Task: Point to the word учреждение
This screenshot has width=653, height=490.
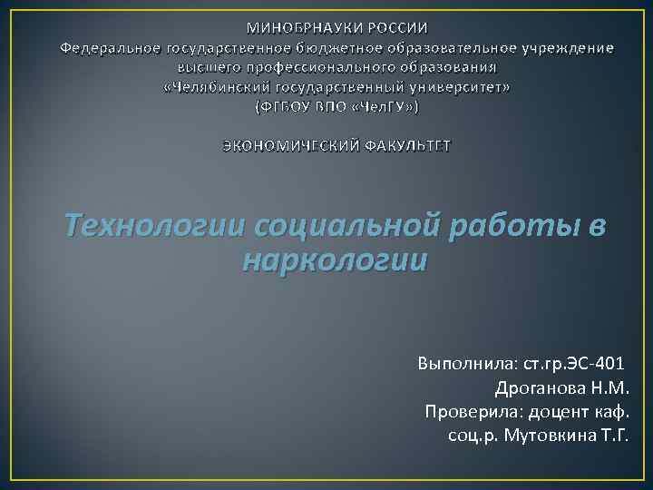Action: tap(563, 47)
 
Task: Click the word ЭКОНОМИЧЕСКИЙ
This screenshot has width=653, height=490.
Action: tap(292, 146)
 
